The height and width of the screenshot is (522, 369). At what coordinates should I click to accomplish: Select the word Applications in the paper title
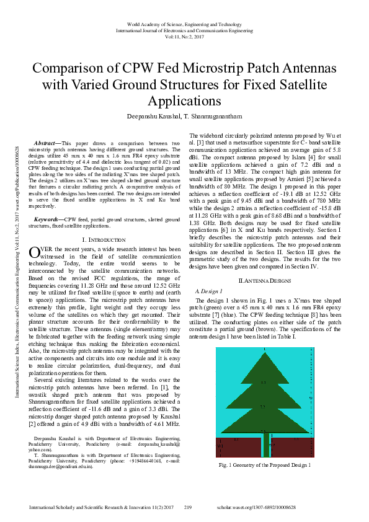click(x=184, y=100)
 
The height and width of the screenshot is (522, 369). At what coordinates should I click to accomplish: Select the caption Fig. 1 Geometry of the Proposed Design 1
click(x=265, y=464)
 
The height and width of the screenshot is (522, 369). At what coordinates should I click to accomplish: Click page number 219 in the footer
click(x=189, y=507)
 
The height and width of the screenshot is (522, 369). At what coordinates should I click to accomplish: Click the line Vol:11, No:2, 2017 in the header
click(x=184, y=37)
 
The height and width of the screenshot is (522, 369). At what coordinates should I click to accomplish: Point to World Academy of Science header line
click(x=184, y=24)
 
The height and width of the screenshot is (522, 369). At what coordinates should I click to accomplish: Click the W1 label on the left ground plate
click(x=220, y=446)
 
